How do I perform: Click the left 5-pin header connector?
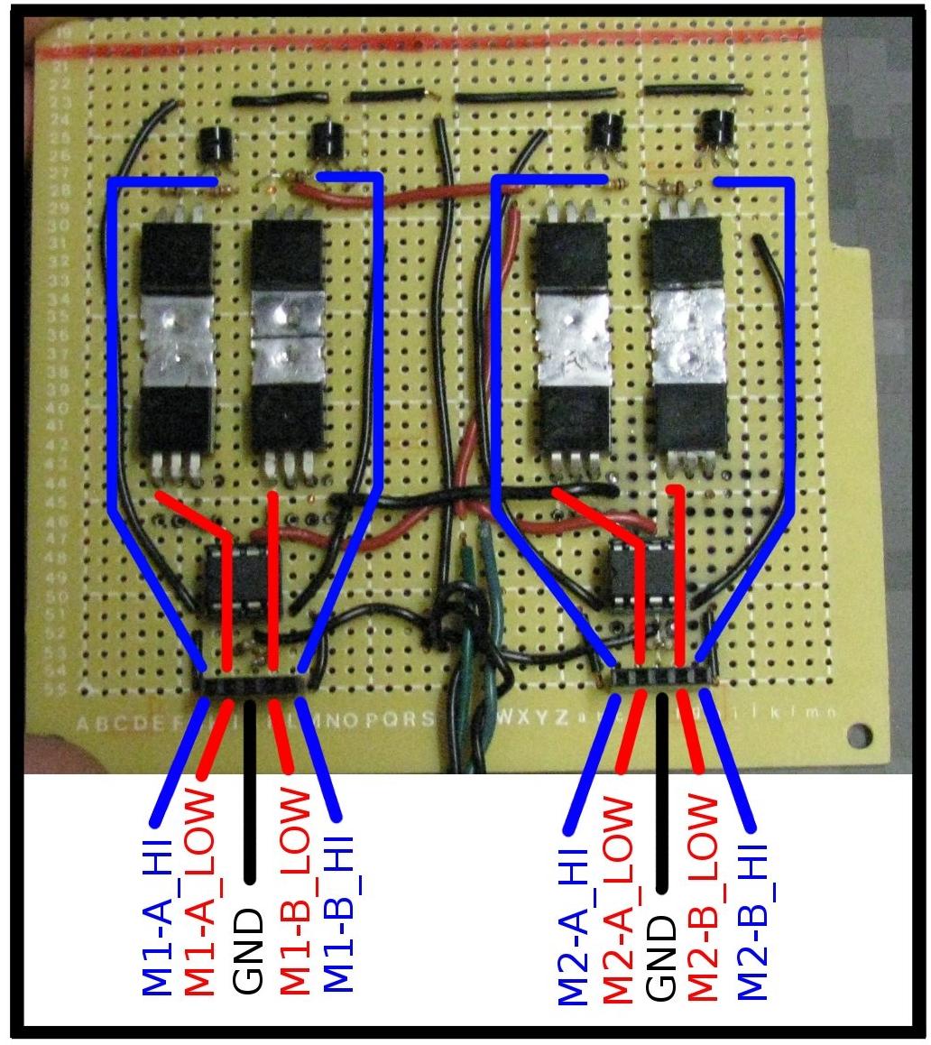[x=251, y=684]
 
